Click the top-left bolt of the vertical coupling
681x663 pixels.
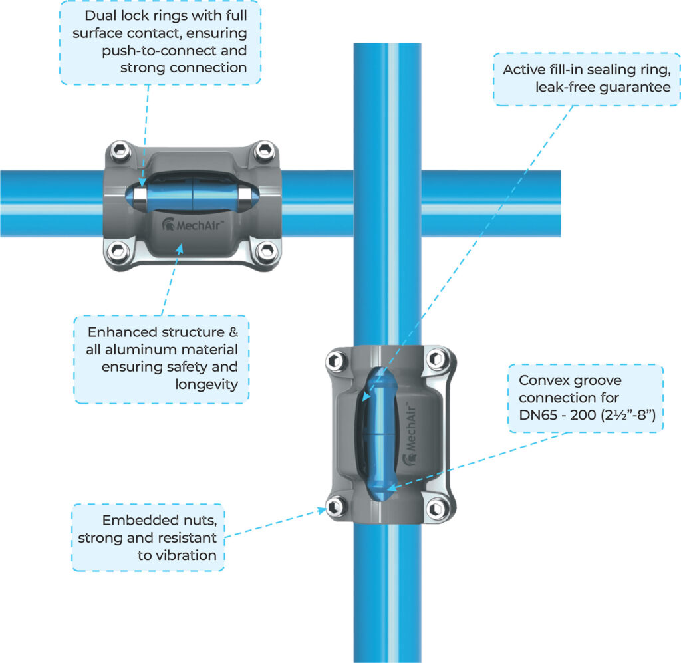pos(334,361)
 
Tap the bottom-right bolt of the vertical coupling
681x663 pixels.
pos(436,508)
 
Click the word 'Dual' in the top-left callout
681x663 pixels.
pos(104,15)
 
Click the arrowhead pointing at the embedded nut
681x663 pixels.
pos(324,511)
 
